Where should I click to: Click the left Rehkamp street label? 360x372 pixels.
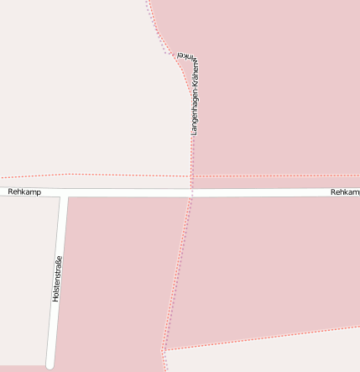(24, 192)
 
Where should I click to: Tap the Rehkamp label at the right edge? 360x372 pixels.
(345, 192)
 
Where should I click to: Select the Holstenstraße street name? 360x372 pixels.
(57, 279)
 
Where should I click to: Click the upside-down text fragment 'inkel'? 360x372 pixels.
(185, 55)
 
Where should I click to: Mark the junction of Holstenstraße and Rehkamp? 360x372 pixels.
(64, 196)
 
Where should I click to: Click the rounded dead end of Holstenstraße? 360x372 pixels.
(50, 364)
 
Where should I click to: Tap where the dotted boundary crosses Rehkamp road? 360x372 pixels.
(191, 192)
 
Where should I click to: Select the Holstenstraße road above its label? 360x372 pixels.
(60, 227)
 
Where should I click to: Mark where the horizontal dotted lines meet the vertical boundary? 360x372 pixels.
(191, 176)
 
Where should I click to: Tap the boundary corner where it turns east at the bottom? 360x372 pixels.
(164, 350)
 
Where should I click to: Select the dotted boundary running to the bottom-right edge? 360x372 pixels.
(269, 336)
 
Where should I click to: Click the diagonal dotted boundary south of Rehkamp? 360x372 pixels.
(178, 269)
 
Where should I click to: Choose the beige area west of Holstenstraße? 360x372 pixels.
(25, 277)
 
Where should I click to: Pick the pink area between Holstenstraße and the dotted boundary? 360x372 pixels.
(117, 277)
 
